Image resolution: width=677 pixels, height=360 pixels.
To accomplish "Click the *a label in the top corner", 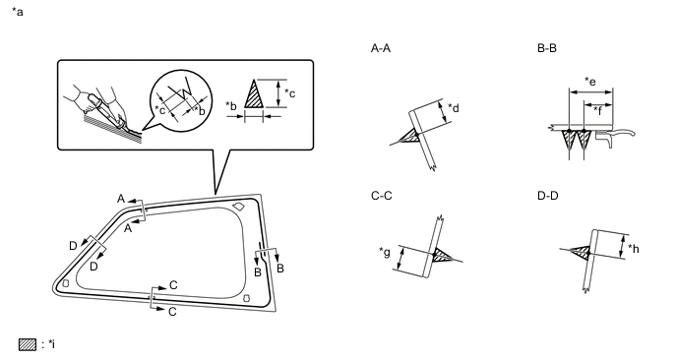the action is click(x=18, y=12).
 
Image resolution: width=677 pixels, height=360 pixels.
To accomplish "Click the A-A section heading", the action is click(x=381, y=48).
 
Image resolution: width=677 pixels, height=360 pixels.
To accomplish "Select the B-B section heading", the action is click(x=546, y=48).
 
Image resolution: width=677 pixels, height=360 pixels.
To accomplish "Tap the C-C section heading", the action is click(x=381, y=196).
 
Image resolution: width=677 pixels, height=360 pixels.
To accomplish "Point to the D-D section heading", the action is click(x=547, y=196).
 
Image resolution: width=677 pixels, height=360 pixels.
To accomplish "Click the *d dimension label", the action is click(x=454, y=108).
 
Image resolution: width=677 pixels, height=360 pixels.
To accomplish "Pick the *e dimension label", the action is click(x=590, y=82).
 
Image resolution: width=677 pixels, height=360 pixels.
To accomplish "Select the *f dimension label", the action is click(x=598, y=110).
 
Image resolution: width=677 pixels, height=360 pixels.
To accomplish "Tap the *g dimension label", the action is click(x=385, y=252).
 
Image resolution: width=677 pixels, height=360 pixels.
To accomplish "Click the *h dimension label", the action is click(x=634, y=249).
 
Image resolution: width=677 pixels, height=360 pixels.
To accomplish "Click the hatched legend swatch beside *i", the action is click(x=28, y=344).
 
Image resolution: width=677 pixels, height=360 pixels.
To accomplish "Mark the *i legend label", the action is click(x=49, y=344).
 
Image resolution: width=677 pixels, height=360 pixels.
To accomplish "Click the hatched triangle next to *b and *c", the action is click(x=254, y=95).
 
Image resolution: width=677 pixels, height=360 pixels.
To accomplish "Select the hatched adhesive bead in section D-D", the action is click(x=582, y=253).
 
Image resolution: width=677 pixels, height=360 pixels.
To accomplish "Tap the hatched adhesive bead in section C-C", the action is click(x=441, y=255).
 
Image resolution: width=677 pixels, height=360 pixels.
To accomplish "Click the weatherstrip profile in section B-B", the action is click(x=615, y=137).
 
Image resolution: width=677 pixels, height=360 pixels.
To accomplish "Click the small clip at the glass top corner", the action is click(x=238, y=207).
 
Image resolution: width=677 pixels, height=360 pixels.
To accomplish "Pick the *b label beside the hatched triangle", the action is click(x=231, y=106).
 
